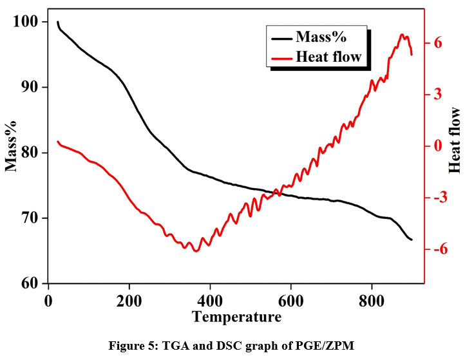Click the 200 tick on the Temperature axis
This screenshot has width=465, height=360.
pos(129,301)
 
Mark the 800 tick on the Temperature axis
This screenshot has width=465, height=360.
pos(372,301)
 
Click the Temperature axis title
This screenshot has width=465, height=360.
pos(236,317)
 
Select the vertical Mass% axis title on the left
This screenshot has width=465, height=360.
pos(11,147)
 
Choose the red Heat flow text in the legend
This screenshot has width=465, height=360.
pos(328,57)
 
